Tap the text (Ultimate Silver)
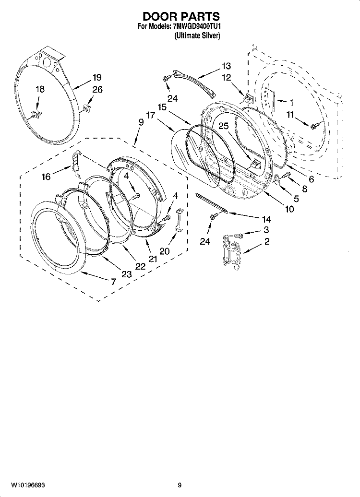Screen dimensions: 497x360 click(x=197, y=36)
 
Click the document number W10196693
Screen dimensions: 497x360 click(x=28, y=485)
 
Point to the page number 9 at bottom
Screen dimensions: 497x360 click(x=180, y=485)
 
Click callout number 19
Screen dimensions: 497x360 click(x=97, y=77)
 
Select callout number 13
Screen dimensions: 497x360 click(x=226, y=66)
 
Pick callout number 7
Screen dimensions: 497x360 click(x=114, y=282)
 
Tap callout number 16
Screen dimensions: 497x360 click(x=46, y=177)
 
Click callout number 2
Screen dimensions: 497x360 click(x=267, y=242)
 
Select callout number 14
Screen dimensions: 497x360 click(x=267, y=219)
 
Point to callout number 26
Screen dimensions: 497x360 click(x=97, y=90)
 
